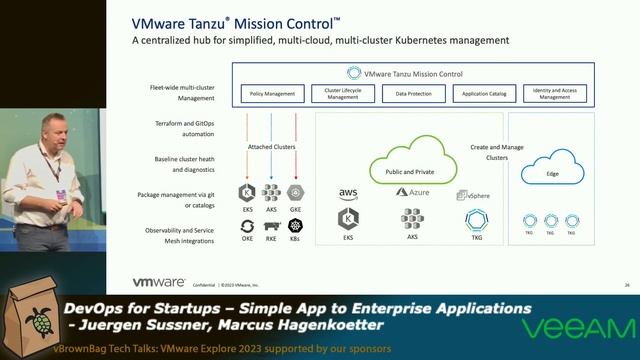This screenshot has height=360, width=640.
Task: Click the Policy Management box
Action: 273,94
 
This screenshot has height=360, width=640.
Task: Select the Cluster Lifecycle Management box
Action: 342,94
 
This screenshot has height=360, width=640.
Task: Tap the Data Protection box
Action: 413,94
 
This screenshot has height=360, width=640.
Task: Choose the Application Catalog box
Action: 483,94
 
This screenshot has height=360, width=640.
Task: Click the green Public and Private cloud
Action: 411,168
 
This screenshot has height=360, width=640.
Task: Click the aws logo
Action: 348,194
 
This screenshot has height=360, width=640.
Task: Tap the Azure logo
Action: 412,192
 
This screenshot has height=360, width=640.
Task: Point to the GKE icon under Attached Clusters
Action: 295,192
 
